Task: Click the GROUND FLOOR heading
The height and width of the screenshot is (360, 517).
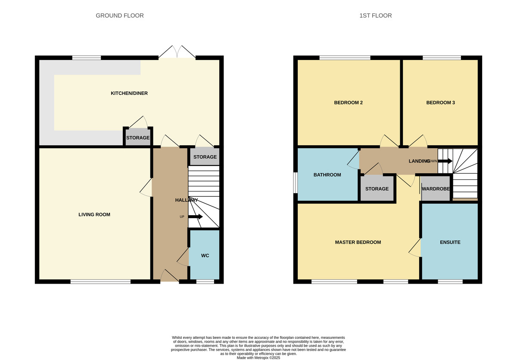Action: pyautogui.click(x=119, y=16)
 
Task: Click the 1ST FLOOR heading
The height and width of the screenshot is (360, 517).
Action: pyautogui.click(x=375, y=16)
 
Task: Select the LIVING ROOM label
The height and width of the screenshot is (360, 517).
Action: pyautogui.click(x=94, y=215)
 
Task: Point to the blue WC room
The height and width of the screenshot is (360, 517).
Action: pyautogui.click(x=205, y=255)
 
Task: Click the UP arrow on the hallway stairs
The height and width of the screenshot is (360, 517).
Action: pyautogui.click(x=195, y=216)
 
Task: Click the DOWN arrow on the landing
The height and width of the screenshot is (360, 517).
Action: pyautogui.click(x=445, y=161)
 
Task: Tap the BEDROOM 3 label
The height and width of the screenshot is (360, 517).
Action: pyautogui.click(x=440, y=103)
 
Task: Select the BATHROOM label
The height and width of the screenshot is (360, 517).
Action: pyautogui.click(x=327, y=175)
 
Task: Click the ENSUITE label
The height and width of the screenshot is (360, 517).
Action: pyautogui.click(x=450, y=242)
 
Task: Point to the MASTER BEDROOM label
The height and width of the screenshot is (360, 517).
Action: pyautogui.click(x=358, y=242)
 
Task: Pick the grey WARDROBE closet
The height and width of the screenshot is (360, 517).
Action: pyautogui.click(x=436, y=189)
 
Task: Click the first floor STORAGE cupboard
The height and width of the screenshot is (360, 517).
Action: pyautogui.click(x=377, y=189)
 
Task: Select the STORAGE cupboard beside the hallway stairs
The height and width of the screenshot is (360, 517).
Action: pyautogui.click(x=205, y=157)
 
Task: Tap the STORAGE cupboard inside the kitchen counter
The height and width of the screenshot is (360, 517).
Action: pyautogui.click(x=138, y=138)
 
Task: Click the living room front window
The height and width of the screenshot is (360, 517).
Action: pyautogui.click(x=100, y=282)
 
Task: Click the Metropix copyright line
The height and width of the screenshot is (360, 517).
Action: pyautogui.click(x=258, y=357)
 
